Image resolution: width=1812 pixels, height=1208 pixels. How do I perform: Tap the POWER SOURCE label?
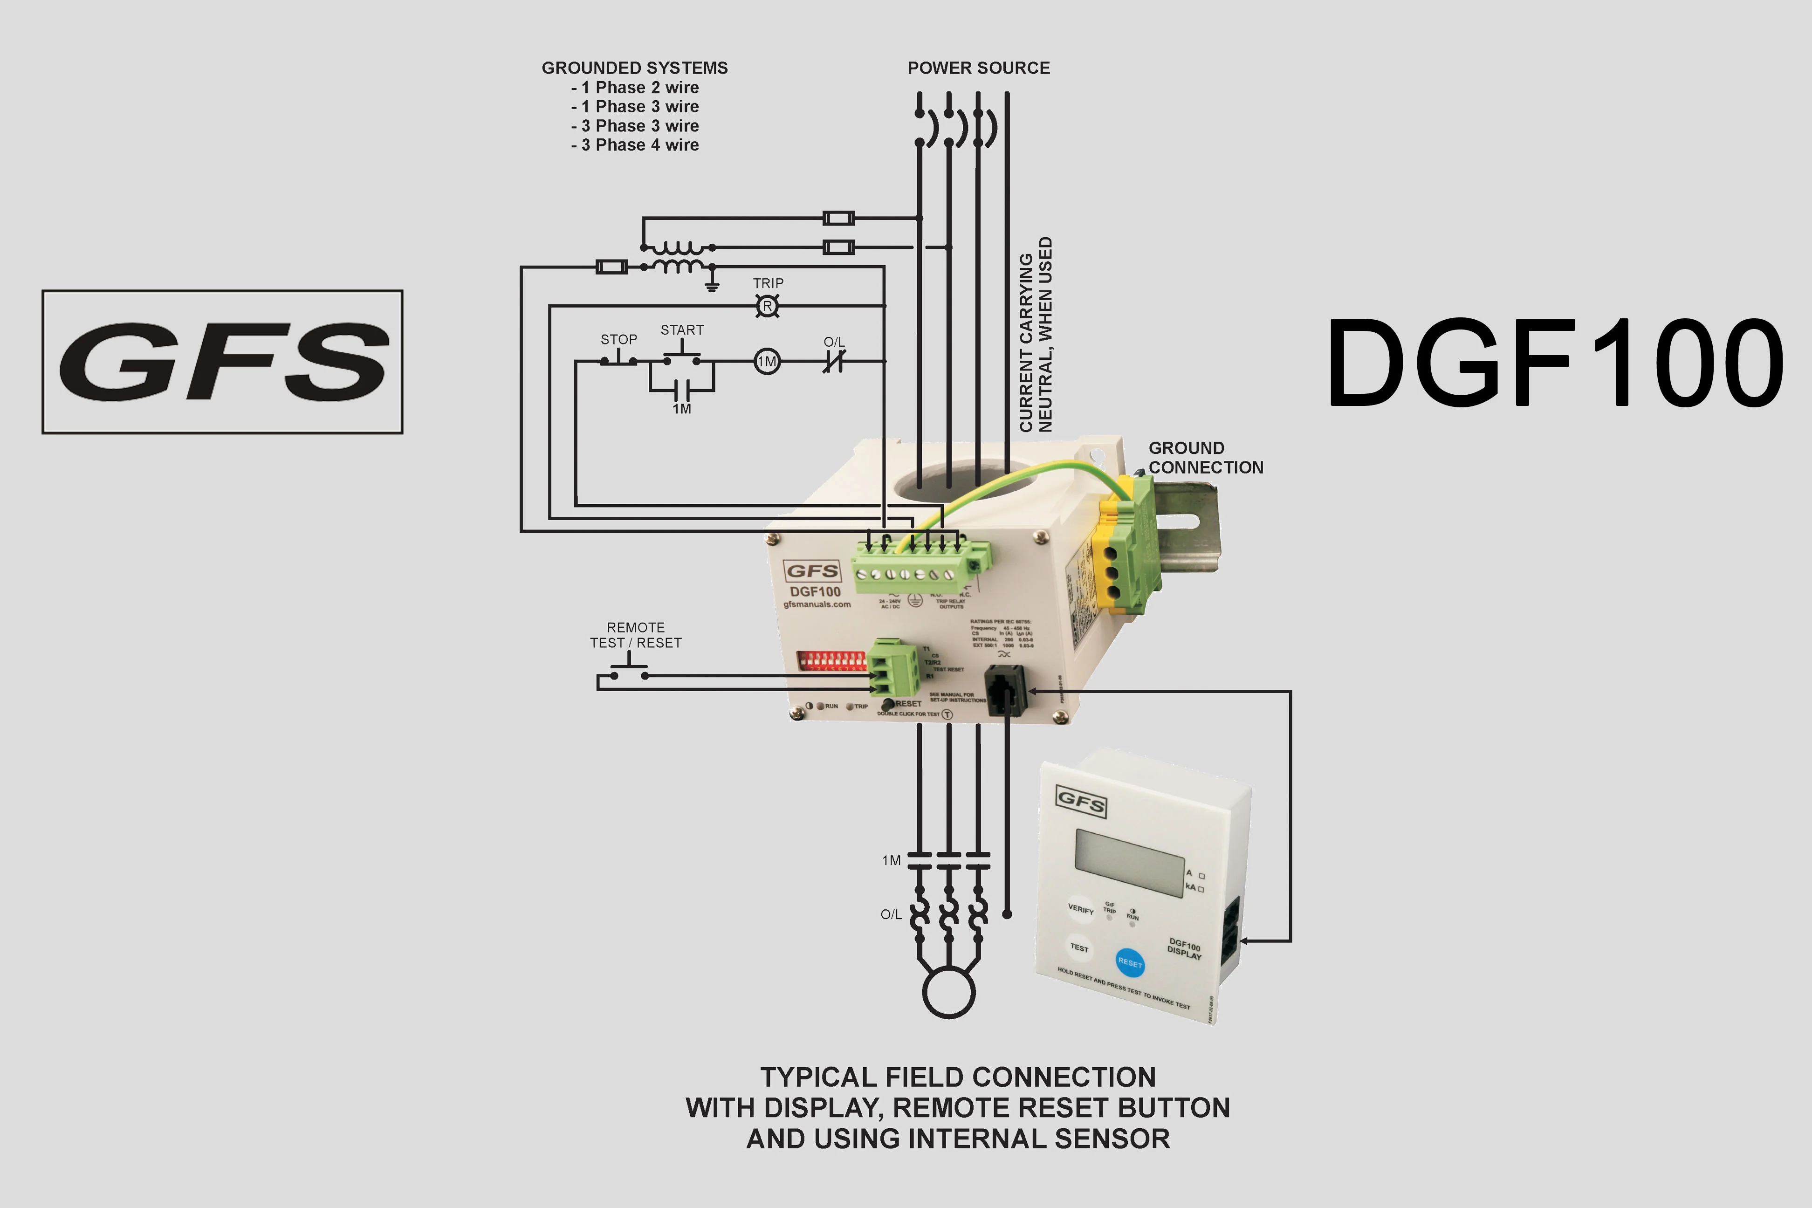point(978,68)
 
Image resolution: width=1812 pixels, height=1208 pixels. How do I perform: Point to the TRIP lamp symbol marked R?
point(767,306)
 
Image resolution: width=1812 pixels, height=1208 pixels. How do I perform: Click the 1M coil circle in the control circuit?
point(767,361)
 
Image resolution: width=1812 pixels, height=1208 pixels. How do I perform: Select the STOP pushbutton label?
point(618,339)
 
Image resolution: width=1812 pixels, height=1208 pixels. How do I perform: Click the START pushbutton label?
point(682,330)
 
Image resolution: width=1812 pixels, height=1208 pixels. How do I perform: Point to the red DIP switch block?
point(832,661)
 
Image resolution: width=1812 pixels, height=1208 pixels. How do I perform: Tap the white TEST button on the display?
point(1079,947)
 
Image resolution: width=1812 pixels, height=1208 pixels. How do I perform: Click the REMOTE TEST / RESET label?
point(636,635)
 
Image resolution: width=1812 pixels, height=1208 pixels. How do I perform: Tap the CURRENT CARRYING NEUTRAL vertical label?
point(1036,335)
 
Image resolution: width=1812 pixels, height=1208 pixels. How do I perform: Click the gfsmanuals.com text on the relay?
point(817,605)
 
